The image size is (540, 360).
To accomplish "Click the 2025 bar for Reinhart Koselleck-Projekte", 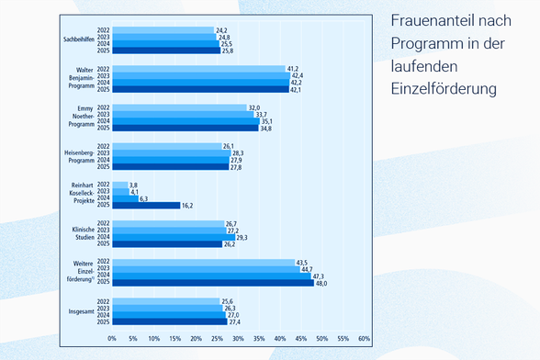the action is pyautogui.click(x=146, y=206).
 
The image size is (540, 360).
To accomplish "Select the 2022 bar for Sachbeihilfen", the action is pyautogui.click(x=163, y=30).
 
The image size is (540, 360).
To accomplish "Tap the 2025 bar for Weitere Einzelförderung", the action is pyautogui.click(x=213, y=283).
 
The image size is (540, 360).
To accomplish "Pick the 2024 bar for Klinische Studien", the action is pyautogui.click(x=174, y=237).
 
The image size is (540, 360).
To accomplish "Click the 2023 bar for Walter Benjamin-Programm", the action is pyautogui.click(x=201, y=76).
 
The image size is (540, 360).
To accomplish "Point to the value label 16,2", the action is pyautogui.click(x=187, y=206).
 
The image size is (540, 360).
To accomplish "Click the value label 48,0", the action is pyautogui.click(x=321, y=284).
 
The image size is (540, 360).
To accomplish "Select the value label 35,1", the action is pyautogui.click(x=266, y=121).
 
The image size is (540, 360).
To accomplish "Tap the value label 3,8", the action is pyautogui.click(x=133, y=186).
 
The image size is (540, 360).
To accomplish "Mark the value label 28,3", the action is pyautogui.click(x=238, y=153).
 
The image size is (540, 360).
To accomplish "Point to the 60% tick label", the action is pyautogui.click(x=364, y=339).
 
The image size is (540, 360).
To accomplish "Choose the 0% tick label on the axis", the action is pyautogui.click(x=112, y=339).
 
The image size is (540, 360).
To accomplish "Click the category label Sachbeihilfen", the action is pyautogui.click(x=79, y=39).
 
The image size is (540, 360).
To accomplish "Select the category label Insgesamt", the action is pyautogui.click(x=81, y=311).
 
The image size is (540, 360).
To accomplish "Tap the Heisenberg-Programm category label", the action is pyautogui.click(x=80, y=157).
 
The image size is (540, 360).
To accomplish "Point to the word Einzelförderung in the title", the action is pyautogui.click(x=444, y=89).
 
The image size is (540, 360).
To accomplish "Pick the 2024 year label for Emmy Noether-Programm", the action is pyautogui.click(x=103, y=121).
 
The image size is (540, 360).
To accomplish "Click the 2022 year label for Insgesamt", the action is pyautogui.click(x=103, y=301).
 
